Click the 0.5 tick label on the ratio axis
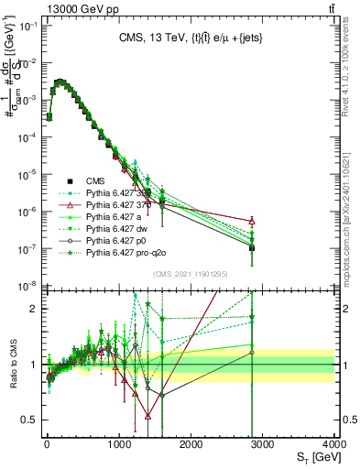pos(27,420)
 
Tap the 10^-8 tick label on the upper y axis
pos(26,286)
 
